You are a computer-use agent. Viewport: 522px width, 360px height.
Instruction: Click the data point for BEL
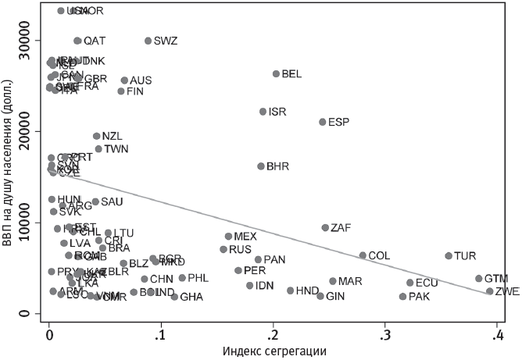pyautogui.click(x=276, y=74)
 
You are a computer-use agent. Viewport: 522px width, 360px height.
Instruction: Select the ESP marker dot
pyautogui.click(x=322, y=122)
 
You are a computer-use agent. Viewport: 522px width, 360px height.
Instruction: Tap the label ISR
pyautogui.click(x=277, y=112)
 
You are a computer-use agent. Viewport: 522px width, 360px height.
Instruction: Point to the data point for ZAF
pyautogui.click(x=325, y=228)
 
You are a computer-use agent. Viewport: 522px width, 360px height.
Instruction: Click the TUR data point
pyautogui.click(x=449, y=255)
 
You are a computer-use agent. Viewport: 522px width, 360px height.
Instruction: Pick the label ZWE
pyautogui.click(x=507, y=291)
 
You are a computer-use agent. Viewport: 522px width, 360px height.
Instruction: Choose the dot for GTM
pyautogui.click(x=479, y=278)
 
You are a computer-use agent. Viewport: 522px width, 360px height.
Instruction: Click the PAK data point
pyautogui.click(x=402, y=297)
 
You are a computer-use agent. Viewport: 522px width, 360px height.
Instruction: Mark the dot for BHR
pyautogui.click(x=261, y=166)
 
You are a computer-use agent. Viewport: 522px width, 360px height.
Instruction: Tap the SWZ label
pyautogui.click(x=165, y=41)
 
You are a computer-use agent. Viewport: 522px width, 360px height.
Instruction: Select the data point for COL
pyautogui.click(x=363, y=255)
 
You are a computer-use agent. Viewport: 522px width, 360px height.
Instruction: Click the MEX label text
pyautogui.click(x=245, y=237)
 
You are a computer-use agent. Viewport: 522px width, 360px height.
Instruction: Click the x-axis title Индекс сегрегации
pyautogui.click(x=274, y=351)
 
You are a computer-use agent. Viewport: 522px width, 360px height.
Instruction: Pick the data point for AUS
pyautogui.click(x=124, y=80)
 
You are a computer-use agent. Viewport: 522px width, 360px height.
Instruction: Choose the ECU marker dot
pyautogui.click(x=409, y=283)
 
